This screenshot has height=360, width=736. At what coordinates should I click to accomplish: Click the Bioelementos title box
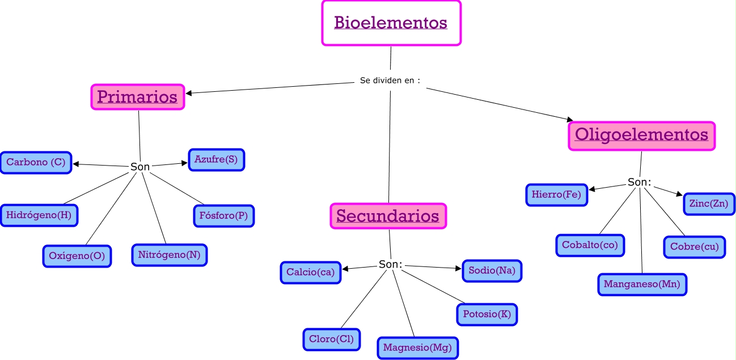point(391,23)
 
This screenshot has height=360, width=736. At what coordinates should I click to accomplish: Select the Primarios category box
point(138,97)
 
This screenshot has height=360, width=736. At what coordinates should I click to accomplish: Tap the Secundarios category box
point(388,216)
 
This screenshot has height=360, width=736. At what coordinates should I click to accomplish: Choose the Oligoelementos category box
point(641,136)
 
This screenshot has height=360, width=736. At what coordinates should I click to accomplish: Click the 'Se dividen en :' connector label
point(390,81)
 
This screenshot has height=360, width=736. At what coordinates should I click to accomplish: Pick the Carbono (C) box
point(36,162)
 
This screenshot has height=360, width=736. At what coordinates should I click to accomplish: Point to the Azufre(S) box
point(216,160)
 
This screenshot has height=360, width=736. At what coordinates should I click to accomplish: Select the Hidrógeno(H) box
point(39,215)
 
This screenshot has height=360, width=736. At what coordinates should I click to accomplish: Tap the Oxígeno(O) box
point(77,256)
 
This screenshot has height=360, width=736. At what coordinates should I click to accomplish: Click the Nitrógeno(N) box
point(169,255)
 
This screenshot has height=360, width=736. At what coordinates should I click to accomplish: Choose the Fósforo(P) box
point(224,216)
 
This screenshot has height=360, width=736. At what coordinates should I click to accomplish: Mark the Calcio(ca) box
point(311,272)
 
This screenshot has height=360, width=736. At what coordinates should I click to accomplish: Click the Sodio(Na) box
point(492,270)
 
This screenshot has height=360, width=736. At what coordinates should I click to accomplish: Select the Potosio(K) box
point(487,314)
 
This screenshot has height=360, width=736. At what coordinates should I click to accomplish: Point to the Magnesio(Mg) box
point(417,348)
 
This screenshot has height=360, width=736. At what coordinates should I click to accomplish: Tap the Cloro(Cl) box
point(332,339)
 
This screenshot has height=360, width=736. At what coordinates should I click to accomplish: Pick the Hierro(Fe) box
point(557,195)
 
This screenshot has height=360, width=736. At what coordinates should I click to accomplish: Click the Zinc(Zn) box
point(709,204)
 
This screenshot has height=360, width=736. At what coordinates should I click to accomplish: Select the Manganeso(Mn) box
point(642,285)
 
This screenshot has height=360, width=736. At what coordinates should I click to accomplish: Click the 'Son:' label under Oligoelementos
point(639,182)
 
